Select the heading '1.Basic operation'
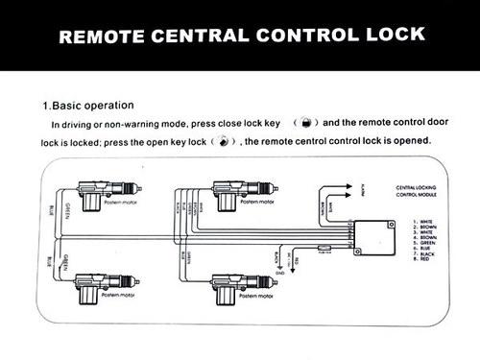pyautogui.click(x=87, y=105)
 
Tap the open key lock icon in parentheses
pyautogui.click(x=223, y=141)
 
